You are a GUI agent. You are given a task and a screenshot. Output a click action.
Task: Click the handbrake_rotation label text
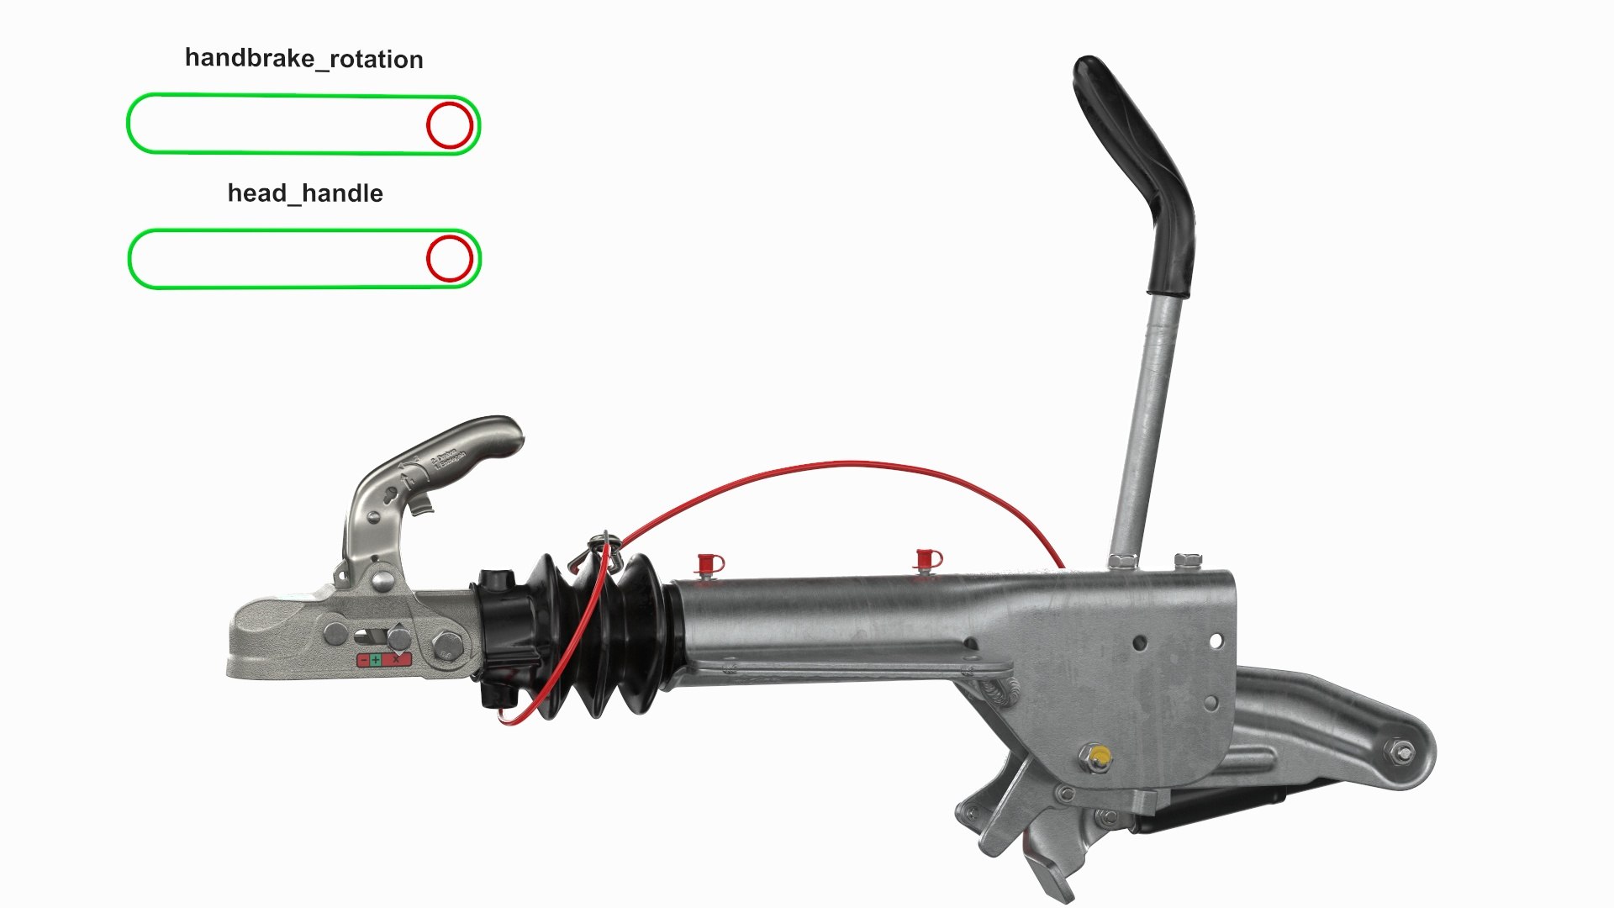pos(303,59)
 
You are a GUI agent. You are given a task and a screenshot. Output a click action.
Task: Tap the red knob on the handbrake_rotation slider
pos(450,125)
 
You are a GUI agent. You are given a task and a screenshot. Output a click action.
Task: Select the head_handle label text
pos(305,193)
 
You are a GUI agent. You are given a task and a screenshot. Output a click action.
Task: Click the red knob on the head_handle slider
pos(450,258)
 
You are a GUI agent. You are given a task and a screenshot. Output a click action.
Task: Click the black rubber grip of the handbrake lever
pos(1135,168)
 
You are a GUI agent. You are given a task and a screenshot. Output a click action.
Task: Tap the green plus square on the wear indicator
pos(375,660)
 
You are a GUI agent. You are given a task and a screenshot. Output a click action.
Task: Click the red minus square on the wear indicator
pos(363,660)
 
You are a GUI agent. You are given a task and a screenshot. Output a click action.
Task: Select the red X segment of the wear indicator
pos(396,660)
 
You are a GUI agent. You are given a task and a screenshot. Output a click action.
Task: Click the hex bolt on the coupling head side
pos(443,646)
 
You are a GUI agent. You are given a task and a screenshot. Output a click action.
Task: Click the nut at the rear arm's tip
pos(1400,752)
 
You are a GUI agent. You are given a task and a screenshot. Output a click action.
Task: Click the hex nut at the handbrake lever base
pos(1122,560)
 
